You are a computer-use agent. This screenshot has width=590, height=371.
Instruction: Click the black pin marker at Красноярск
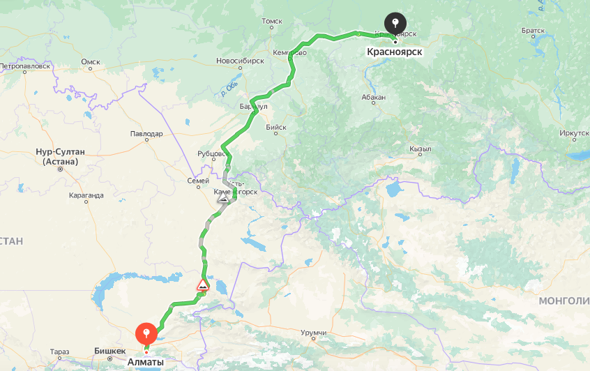click(x=395, y=23)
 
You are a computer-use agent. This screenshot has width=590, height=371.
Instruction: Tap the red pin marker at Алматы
click(x=146, y=333)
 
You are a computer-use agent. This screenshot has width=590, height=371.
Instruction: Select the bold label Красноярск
click(x=395, y=51)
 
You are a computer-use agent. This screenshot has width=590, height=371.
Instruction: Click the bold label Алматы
click(x=146, y=362)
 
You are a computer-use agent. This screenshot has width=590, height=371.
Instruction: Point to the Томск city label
click(x=271, y=22)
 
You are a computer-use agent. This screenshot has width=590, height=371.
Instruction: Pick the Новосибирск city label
click(x=240, y=61)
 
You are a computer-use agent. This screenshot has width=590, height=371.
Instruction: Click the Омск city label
click(x=91, y=61)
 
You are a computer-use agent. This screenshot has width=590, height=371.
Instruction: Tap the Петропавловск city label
click(x=26, y=66)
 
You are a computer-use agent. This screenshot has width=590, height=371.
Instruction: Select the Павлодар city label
click(x=146, y=133)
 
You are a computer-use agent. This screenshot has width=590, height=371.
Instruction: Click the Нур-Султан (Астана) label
click(x=60, y=156)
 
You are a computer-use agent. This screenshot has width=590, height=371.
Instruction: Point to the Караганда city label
click(x=86, y=195)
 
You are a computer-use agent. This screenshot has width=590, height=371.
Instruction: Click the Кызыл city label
click(x=421, y=149)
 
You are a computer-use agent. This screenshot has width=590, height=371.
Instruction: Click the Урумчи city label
click(x=314, y=333)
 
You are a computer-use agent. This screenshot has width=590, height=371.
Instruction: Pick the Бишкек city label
click(x=109, y=351)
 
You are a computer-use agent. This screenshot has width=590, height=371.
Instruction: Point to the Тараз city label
click(x=60, y=351)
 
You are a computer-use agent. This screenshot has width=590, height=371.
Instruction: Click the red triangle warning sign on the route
click(x=202, y=285)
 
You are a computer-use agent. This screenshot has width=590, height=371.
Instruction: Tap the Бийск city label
click(x=276, y=127)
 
